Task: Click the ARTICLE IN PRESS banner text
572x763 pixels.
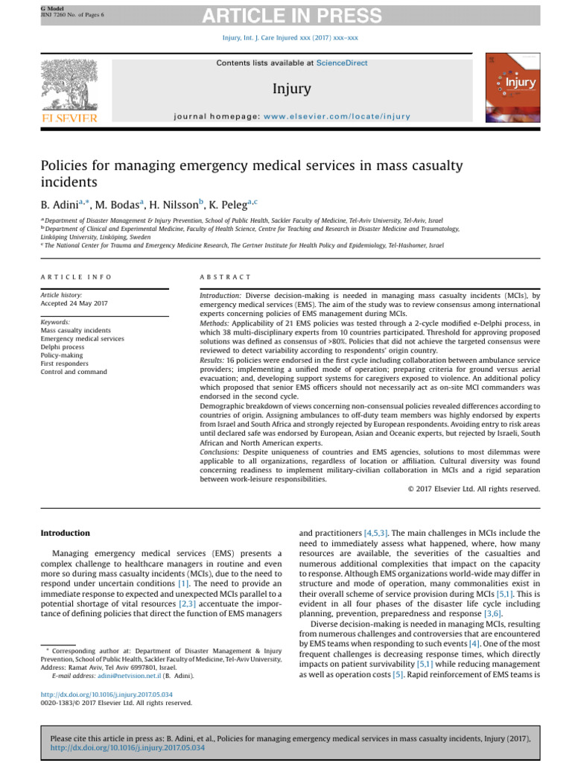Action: [x=286, y=16]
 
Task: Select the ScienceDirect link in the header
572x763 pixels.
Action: [x=342, y=63]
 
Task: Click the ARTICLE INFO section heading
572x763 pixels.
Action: [x=76, y=276]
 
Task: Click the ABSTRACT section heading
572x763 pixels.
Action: [x=226, y=276]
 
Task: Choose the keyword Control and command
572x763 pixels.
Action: [x=74, y=371]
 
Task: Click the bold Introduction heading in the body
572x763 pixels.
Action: [x=65, y=533]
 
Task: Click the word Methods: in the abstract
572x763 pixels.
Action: [x=216, y=325]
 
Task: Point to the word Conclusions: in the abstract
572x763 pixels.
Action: [x=221, y=452]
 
